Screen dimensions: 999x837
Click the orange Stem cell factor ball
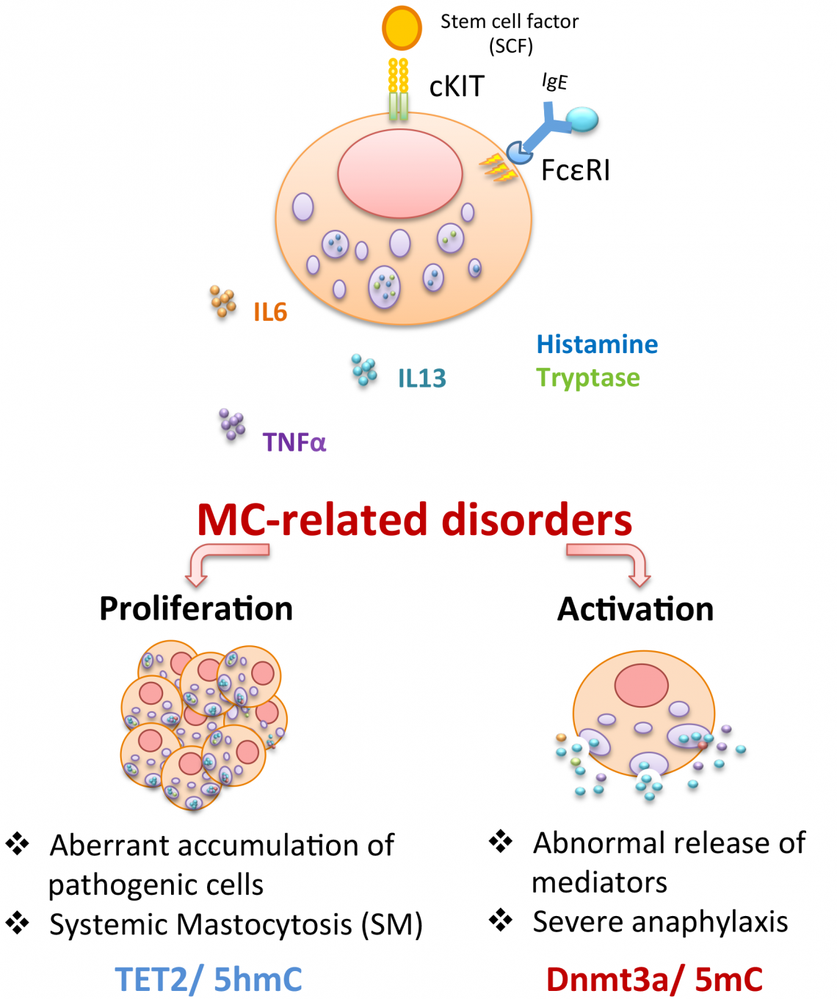pos(402,28)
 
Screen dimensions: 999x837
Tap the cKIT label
pos(457,87)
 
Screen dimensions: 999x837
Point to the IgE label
pos(554,81)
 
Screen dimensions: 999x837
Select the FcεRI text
pos(575,170)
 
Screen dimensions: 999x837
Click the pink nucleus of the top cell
pos(400,173)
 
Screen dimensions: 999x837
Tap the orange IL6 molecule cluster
pos(222,301)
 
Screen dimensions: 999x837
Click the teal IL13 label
pos(421,378)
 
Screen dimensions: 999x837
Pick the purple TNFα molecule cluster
pos(232,424)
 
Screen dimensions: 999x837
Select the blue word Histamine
pos(597,344)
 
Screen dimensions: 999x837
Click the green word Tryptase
pos(587,377)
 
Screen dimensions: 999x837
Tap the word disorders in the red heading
pos(536,520)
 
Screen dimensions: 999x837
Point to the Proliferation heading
pos(196,609)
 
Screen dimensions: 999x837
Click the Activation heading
pos(635,609)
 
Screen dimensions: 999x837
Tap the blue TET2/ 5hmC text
pos(209,979)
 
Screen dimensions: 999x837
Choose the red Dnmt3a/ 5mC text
pos(654,979)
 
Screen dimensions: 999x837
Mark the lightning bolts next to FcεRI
pos(497,167)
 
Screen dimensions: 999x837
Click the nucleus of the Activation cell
pos(641,685)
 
